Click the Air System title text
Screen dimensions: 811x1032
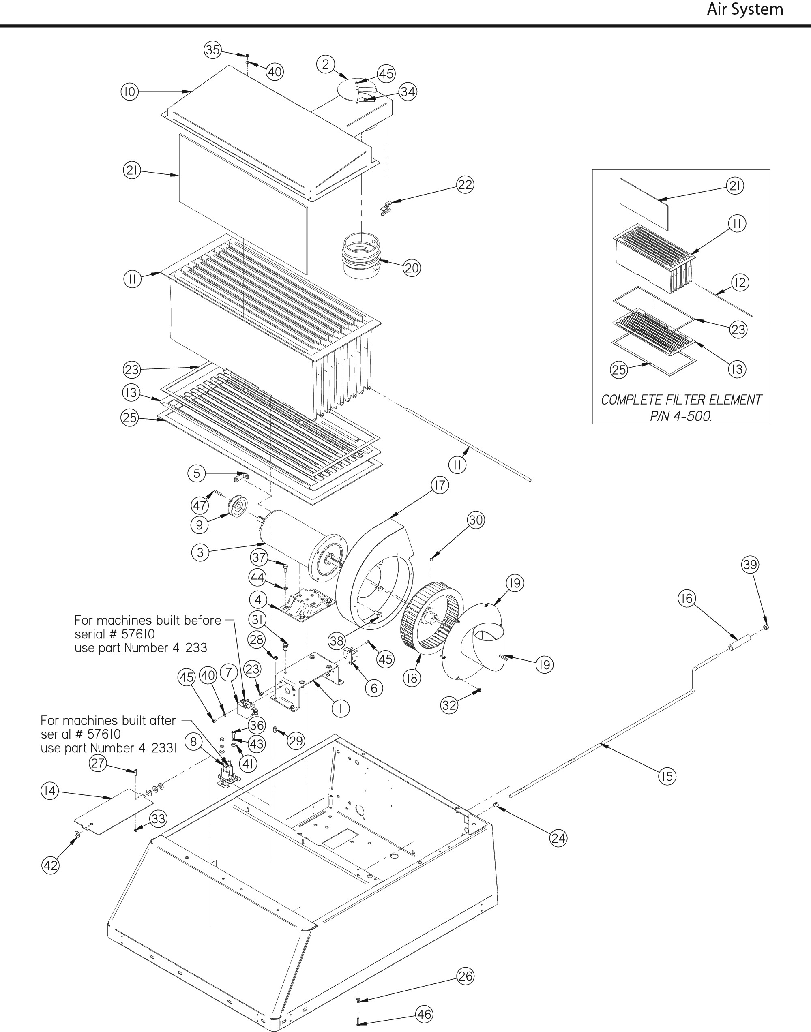point(744,9)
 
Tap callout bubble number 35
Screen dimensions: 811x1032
point(213,49)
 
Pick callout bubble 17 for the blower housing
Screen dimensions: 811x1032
point(440,485)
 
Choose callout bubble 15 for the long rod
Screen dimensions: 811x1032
point(667,776)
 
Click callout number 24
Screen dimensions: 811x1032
point(558,838)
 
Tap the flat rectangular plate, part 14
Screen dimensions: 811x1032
point(114,812)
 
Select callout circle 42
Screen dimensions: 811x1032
point(50,865)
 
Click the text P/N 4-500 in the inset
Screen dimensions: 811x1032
point(680,416)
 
